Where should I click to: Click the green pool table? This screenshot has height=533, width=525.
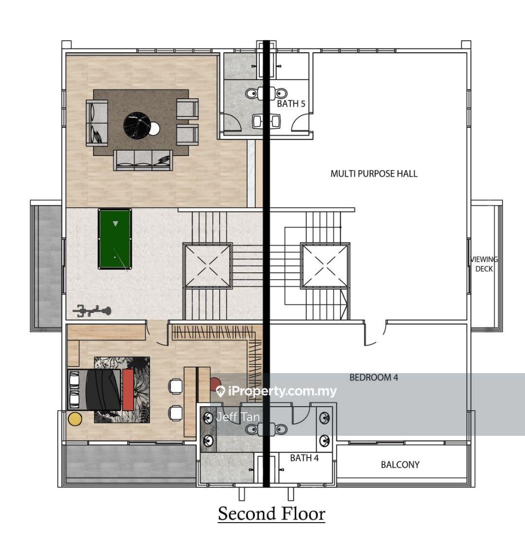pos(115,239)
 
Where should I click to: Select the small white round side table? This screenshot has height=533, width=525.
pos(154,128)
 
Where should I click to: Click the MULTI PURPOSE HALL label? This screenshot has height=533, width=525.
pos(374,174)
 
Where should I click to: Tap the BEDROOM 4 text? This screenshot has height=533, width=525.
pos(373,378)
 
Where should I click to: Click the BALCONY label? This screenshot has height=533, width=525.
pos(400,464)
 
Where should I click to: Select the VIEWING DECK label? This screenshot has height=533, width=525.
pos(484,264)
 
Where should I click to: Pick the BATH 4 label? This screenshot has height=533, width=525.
pos(304,458)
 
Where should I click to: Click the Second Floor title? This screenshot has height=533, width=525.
pos(272,513)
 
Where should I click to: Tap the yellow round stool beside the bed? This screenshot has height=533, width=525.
pos(75,419)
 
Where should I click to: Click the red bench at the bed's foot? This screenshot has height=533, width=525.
pos(128,390)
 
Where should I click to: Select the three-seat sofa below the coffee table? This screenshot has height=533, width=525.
pos(143,160)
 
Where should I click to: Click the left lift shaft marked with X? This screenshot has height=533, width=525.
pos(208,266)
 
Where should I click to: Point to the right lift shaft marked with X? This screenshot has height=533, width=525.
pos(325,266)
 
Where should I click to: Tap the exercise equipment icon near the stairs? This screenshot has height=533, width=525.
pos(92,310)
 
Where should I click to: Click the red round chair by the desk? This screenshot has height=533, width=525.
pos(215,383)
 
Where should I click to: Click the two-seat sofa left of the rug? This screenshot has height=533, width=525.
pos(97,122)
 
